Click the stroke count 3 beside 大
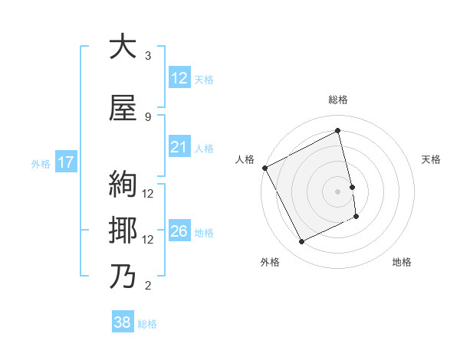[x=148, y=56]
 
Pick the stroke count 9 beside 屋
[x=148, y=116]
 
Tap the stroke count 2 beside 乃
[x=148, y=286]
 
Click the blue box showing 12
[x=179, y=79]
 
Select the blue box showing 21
[x=179, y=148]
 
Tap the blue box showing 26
[x=179, y=232]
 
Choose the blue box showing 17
[x=66, y=162]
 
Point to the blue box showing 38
[x=123, y=323]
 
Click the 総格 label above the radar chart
[x=338, y=100]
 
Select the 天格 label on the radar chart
[x=431, y=159]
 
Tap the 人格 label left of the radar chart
[x=245, y=159]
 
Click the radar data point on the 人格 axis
[x=264, y=168]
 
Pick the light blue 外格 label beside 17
[x=40, y=163]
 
